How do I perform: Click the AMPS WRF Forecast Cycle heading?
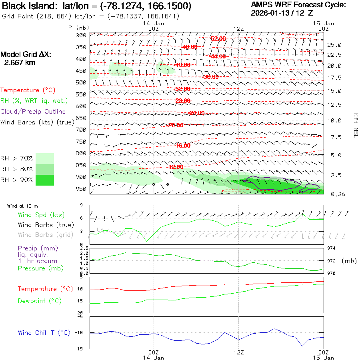[298, 5]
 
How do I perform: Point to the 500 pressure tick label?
[81, 82]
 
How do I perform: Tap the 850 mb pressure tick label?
[81, 165]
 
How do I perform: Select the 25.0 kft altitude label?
[334, 45]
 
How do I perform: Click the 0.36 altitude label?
[334, 194]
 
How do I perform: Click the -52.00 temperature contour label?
[218, 38]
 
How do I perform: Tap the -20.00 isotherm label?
[175, 125]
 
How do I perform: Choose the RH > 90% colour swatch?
[45, 180]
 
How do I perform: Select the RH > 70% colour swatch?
[45, 158]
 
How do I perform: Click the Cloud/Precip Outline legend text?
[33, 112]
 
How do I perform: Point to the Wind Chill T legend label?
[44, 332]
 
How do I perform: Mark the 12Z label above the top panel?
[239, 29]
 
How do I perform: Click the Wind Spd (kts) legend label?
[41, 215]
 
